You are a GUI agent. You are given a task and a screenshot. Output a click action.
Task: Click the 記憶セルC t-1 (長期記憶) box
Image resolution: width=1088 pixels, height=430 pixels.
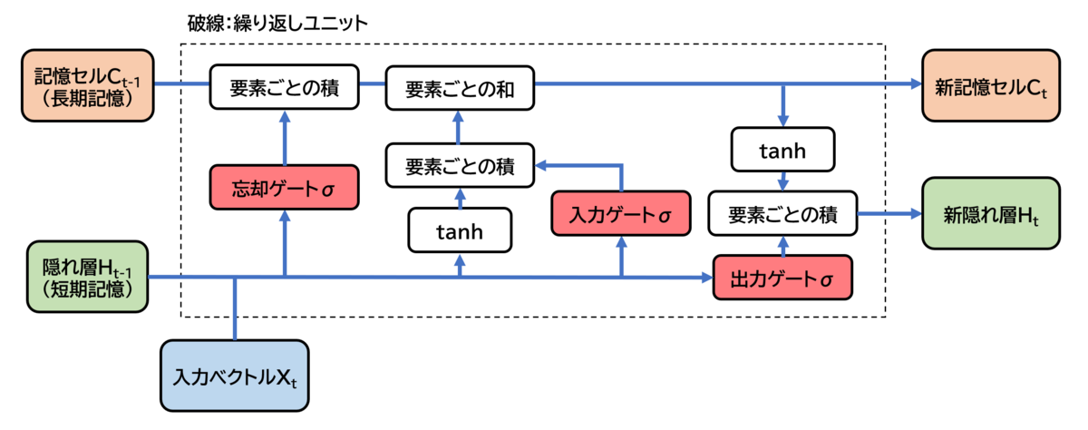tap(86, 85)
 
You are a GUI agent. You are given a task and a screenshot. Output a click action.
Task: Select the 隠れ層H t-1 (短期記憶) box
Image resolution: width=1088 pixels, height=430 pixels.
tap(86, 276)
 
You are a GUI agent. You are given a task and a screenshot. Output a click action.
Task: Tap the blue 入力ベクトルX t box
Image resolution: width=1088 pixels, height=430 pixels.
tap(236, 374)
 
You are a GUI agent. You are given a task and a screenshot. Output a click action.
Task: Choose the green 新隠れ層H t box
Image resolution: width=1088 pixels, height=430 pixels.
tap(990, 215)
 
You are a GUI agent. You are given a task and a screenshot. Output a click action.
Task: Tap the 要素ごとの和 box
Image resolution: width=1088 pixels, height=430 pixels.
tap(459, 90)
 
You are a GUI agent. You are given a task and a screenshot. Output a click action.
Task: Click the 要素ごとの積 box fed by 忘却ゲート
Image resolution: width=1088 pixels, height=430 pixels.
tap(285, 90)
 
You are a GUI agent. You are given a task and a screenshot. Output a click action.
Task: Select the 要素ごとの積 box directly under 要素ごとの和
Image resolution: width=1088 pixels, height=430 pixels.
tap(459, 166)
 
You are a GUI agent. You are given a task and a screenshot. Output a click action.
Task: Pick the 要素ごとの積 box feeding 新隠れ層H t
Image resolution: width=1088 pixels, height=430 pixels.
tap(782, 215)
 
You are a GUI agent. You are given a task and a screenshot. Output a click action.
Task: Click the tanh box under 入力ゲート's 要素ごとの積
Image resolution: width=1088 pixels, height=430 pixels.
tap(460, 231)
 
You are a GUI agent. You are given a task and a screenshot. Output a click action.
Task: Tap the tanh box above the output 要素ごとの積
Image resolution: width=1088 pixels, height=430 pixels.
tap(782, 151)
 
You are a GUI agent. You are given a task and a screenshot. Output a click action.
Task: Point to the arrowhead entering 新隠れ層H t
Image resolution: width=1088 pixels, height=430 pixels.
tap(913, 215)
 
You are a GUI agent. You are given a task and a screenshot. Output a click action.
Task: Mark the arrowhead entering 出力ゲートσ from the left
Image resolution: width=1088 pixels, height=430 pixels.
tap(707, 276)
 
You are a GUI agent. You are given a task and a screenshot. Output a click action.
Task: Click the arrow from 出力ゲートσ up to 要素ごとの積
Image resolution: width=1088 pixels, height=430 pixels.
tap(782, 246)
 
